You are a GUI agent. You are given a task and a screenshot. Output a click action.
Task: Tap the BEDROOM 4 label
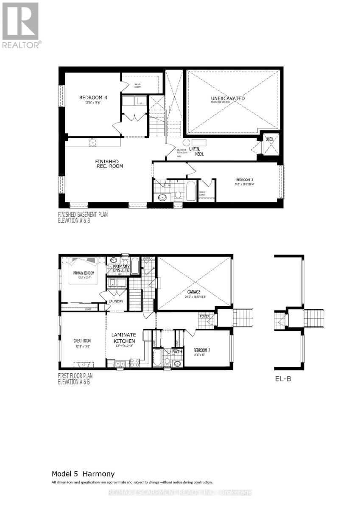(x=93, y=98)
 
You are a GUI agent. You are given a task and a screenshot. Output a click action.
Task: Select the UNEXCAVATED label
(x=228, y=98)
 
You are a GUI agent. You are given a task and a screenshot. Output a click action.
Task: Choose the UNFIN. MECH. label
(x=199, y=151)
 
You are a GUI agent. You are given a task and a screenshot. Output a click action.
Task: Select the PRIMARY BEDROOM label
(x=82, y=273)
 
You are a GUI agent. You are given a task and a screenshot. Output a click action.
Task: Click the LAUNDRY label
(x=115, y=301)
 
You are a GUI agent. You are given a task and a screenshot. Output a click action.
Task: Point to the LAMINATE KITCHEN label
(x=123, y=338)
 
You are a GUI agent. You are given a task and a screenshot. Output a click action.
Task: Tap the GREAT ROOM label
(x=82, y=341)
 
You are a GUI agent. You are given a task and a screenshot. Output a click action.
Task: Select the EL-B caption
(x=282, y=379)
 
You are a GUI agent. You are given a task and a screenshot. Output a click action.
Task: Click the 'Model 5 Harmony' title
(x=83, y=473)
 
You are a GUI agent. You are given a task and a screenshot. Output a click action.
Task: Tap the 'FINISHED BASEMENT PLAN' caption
(x=83, y=215)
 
